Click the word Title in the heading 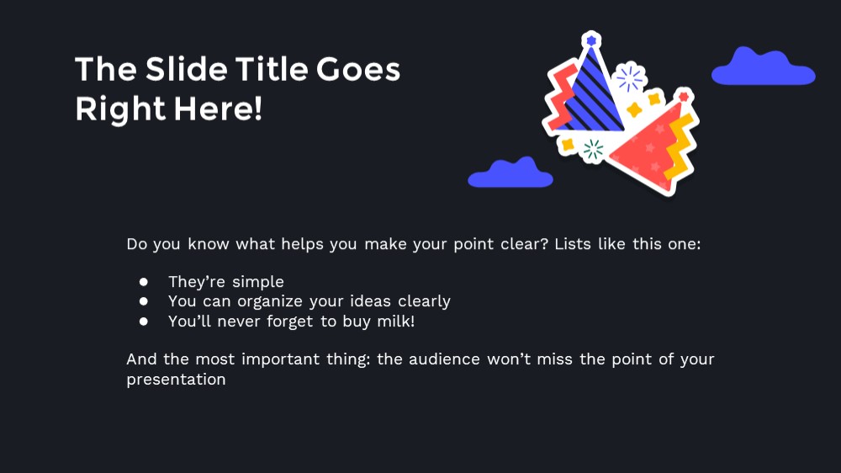[272, 69]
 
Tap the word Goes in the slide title [358, 69]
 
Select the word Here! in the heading [219, 109]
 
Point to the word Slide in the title [187, 69]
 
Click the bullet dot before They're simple [144, 281]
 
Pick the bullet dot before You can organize [144, 301]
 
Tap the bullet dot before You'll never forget [144, 321]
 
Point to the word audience [444, 359]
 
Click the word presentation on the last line [176, 380]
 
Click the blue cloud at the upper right [764, 67]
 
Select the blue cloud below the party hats [510, 173]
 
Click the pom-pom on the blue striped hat [591, 40]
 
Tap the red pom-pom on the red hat [684, 97]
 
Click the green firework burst [593, 150]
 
